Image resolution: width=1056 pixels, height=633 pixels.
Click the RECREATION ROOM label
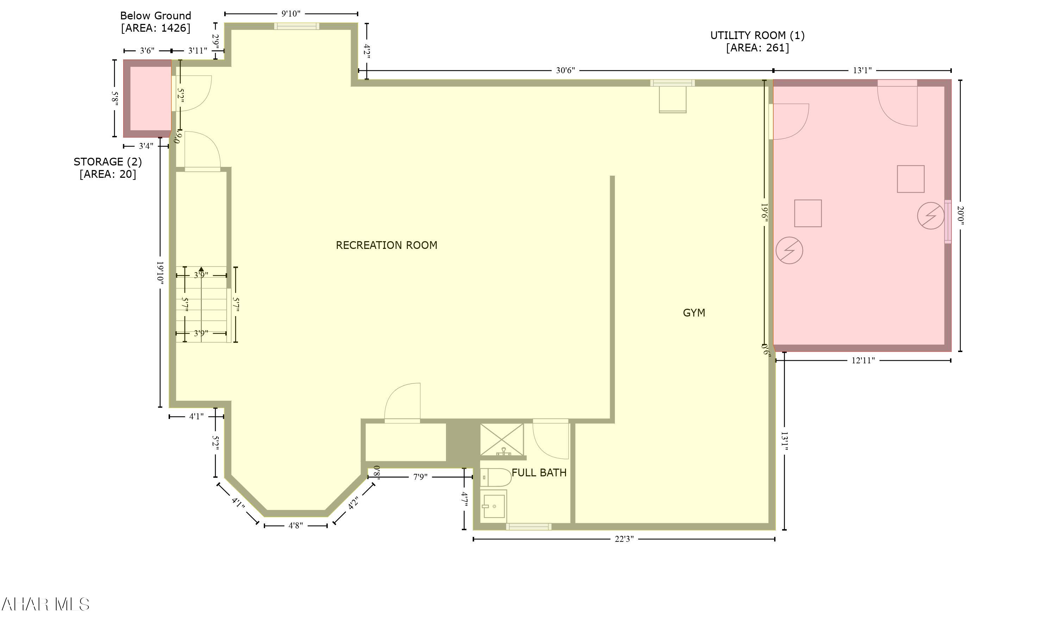pyautogui.click(x=386, y=245)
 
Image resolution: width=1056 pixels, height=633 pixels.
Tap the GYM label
pyautogui.click(x=694, y=313)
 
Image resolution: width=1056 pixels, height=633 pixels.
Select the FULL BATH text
pyautogui.click(x=539, y=472)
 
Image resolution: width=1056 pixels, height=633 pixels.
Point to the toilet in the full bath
pyautogui.click(x=496, y=478)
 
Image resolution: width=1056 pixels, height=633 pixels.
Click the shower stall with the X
pyautogui.click(x=502, y=439)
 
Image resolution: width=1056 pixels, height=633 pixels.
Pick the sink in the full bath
pyautogui.click(x=494, y=506)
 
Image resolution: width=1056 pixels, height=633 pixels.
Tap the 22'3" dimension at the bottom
pyautogui.click(x=624, y=539)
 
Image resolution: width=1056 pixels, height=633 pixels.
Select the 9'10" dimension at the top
pyautogui.click(x=290, y=14)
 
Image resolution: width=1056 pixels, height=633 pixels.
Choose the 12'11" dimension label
pyautogui.click(x=863, y=361)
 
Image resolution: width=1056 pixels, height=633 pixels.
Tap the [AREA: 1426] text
pyautogui.click(x=156, y=28)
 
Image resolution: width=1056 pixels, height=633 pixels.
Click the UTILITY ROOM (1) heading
pyautogui.click(x=758, y=36)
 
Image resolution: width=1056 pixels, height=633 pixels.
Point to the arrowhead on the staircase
pyautogui.click(x=201, y=269)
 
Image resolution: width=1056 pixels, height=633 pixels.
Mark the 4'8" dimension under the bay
pyautogui.click(x=296, y=526)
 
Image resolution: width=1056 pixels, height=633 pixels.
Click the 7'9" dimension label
pyautogui.click(x=420, y=477)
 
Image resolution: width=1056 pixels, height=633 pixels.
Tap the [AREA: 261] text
pyautogui.click(x=758, y=48)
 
